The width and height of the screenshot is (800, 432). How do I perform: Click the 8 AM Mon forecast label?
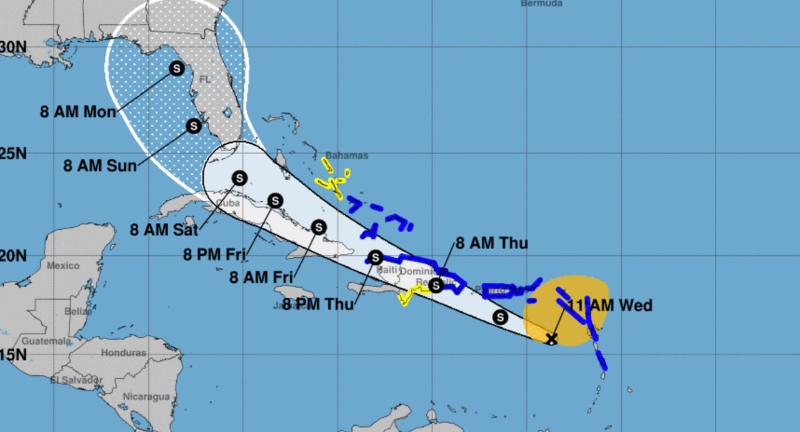[78, 112]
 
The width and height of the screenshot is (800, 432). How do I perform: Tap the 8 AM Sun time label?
[100, 166]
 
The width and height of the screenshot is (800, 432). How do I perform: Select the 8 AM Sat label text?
[164, 230]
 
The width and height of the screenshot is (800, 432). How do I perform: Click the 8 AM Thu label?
[491, 243]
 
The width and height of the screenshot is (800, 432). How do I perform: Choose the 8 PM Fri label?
[214, 255]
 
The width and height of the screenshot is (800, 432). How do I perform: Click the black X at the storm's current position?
[551, 339]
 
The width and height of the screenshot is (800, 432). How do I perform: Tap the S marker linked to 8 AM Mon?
[176, 68]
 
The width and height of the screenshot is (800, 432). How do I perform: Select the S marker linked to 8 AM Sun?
[193, 126]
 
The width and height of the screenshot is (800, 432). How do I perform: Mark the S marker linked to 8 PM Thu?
[375, 257]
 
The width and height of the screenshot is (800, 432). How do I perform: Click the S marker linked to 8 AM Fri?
[319, 227]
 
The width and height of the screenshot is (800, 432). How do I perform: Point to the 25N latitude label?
[12, 153]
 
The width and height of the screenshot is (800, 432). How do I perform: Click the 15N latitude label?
[12, 355]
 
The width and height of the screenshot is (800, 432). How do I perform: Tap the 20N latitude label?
[12, 255]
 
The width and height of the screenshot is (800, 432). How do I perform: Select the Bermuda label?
[541, 4]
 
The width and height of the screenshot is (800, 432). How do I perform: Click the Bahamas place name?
[347, 155]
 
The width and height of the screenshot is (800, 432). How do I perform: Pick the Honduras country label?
[123, 353]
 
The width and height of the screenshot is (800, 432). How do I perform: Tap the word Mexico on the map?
[63, 266]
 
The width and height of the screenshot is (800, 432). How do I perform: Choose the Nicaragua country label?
[146, 396]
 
